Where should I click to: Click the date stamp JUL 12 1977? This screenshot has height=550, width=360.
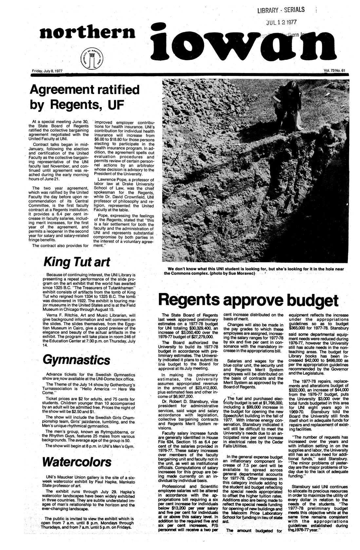pyautogui.click(x=281, y=22)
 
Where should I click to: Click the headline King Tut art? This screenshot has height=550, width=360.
pyautogui.click(x=76, y=262)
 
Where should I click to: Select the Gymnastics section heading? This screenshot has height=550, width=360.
pyautogui.click(x=76, y=360)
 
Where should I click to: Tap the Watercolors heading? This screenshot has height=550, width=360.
pyautogui.click(x=76, y=462)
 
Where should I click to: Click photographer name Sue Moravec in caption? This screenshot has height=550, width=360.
pyautogui.click(x=241, y=273)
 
